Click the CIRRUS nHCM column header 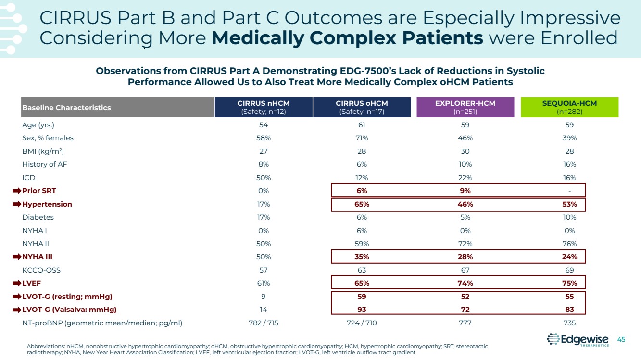point(264,107)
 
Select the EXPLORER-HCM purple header point(465,107)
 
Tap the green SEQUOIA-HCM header point(569,107)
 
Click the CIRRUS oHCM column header point(362,107)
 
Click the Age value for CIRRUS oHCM point(362,125)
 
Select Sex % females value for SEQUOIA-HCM point(570,138)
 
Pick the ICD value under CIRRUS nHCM point(264,178)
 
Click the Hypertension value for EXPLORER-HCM point(465,204)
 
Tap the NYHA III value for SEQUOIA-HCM point(570,257)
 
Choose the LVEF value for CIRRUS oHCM point(362,283)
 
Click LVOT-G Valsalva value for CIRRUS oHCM point(362,310)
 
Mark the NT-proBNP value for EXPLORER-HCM point(465,323)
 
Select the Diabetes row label point(38,217)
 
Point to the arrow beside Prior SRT point(17,191)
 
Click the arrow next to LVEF point(17,283)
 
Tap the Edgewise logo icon point(553,339)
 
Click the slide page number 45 point(621,339)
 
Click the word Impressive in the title point(567,18)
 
